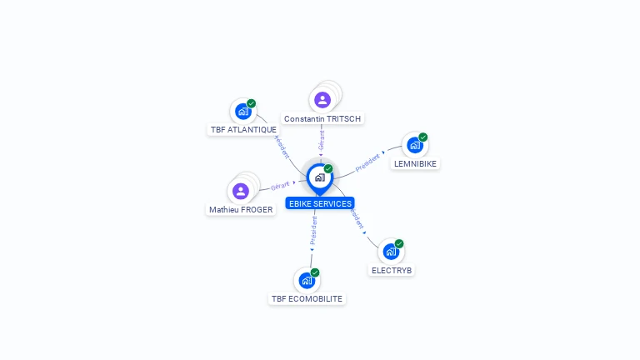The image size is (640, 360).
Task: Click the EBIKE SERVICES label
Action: pyautogui.click(x=319, y=203)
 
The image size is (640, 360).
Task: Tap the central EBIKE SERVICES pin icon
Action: pyautogui.click(x=319, y=177)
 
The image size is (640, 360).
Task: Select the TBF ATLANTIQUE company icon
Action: pyautogui.click(x=242, y=111)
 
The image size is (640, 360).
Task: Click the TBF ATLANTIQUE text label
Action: pyautogui.click(x=243, y=130)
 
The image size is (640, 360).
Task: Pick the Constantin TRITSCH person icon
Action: pyautogui.click(x=322, y=100)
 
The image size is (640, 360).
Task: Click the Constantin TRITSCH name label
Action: pyautogui.click(x=322, y=119)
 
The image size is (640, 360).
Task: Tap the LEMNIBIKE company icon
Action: pyautogui.click(x=414, y=145)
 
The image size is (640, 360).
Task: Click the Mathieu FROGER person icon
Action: pyautogui.click(x=241, y=191)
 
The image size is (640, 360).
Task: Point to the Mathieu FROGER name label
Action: pyautogui.click(x=241, y=210)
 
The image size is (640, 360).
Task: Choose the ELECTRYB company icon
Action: pyautogui.click(x=391, y=252)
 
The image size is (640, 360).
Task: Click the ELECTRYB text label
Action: pyautogui.click(x=392, y=271)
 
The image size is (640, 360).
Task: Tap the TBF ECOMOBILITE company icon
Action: pyautogui.click(x=306, y=280)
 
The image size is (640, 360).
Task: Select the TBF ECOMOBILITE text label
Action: pyautogui.click(x=307, y=298)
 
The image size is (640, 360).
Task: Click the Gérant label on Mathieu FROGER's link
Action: pyautogui.click(x=280, y=185)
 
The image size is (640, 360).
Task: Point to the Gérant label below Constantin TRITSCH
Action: pyautogui.click(x=322, y=140)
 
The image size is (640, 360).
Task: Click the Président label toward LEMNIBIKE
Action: pyautogui.click(x=367, y=162)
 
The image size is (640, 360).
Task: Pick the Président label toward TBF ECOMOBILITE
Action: pyautogui.click(x=313, y=231)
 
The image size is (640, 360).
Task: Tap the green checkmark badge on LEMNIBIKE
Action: pyautogui.click(x=423, y=137)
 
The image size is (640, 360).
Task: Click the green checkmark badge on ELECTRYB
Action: pyautogui.click(x=399, y=243)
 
